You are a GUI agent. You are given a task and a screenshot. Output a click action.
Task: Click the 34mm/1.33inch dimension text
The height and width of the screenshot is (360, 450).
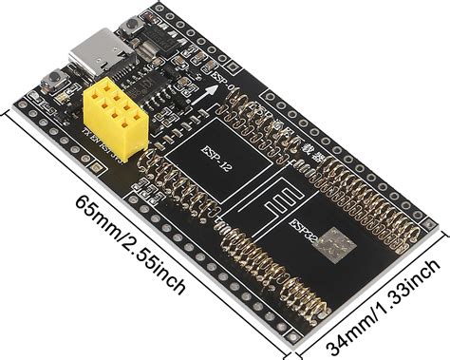click(x=384, y=309)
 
